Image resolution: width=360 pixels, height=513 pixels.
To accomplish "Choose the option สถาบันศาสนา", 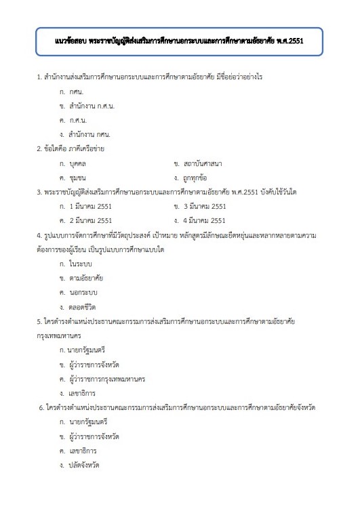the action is coord(203,163).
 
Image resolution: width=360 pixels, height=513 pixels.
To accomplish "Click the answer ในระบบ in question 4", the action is coord(80,263).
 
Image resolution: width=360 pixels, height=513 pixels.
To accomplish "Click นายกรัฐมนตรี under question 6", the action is coord(89,422).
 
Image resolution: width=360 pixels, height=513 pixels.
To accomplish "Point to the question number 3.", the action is coord(39,192).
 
